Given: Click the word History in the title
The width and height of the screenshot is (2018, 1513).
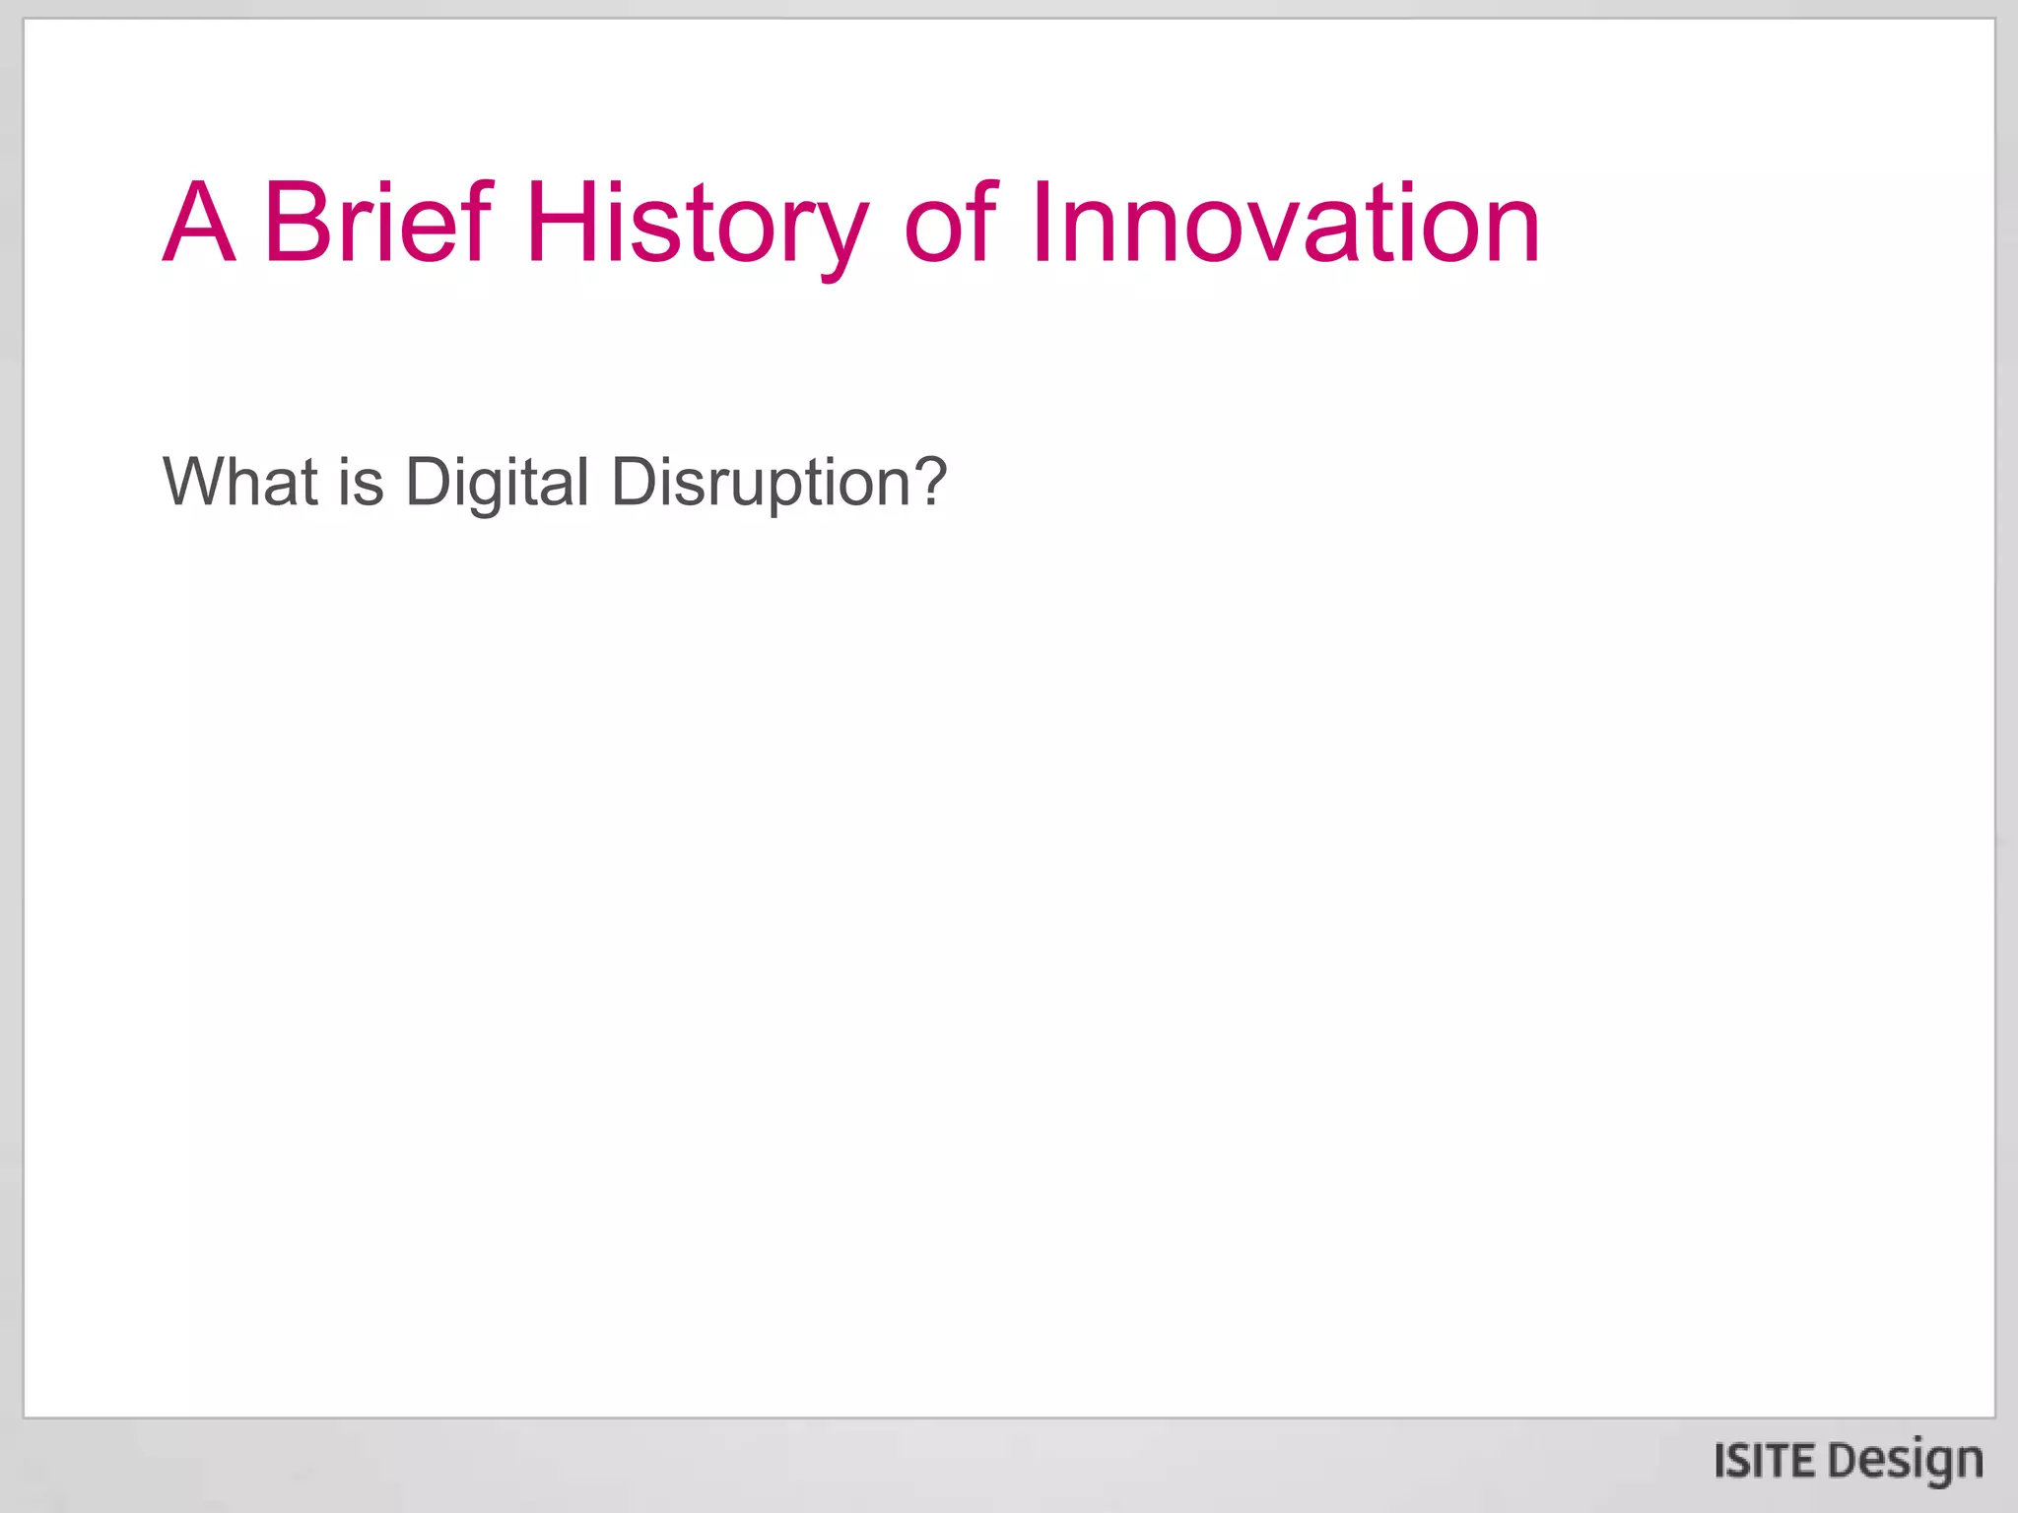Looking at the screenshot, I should click(x=698, y=225).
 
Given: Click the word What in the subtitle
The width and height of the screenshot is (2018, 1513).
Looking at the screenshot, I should click(x=240, y=483).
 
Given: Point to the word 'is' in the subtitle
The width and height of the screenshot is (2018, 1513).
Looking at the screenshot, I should click(x=361, y=483).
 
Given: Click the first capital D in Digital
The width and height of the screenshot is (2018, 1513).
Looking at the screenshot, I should click(x=428, y=483).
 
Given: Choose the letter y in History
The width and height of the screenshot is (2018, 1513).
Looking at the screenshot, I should click(x=841, y=234).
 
